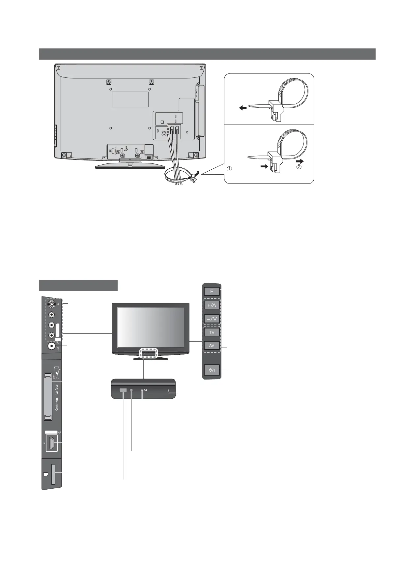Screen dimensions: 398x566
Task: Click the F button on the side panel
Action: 212,292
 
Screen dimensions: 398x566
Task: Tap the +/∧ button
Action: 212,305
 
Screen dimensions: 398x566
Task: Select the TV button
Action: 212,332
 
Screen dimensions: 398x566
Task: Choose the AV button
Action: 212,346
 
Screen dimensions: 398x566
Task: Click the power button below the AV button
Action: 212,370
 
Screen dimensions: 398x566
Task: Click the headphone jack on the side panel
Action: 51,346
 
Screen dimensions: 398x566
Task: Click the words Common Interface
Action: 57,397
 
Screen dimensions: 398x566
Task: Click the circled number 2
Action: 299,167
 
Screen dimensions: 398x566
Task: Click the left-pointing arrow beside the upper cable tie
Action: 243,107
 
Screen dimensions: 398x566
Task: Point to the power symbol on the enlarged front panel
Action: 145,390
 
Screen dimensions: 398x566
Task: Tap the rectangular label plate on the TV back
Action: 130,99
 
